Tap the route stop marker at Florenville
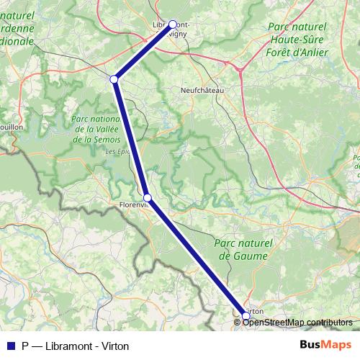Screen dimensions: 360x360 point(147,197)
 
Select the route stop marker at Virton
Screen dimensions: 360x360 point(246,315)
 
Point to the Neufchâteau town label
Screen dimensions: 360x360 point(202,91)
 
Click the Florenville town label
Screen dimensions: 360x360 point(132,204)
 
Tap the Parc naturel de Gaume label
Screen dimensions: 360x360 point(243,250)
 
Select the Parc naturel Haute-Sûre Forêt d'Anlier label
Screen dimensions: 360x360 point(296,39)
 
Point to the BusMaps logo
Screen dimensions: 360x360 point(325,345)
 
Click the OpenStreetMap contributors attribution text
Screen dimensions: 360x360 point(298,322)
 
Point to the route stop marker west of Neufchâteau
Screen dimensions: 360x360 point(114,78)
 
